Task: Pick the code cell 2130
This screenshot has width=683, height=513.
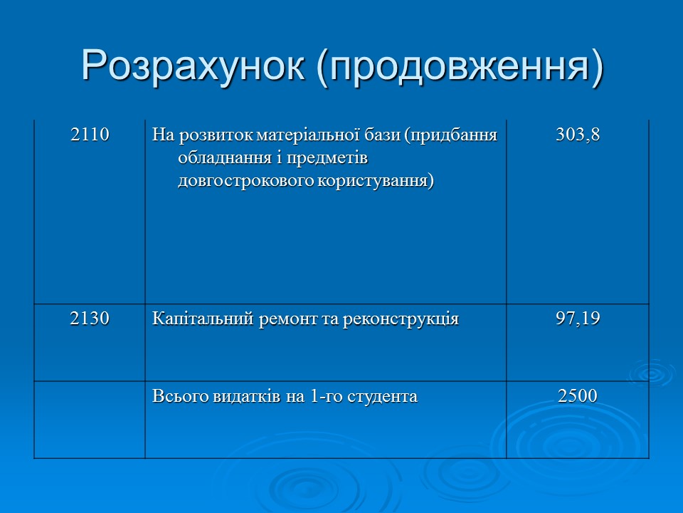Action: click(90, 318)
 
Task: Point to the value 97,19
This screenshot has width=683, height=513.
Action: click(578, 318)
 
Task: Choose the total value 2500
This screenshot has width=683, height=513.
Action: click(578, 395)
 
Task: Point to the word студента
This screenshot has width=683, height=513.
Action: click(383, 396)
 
